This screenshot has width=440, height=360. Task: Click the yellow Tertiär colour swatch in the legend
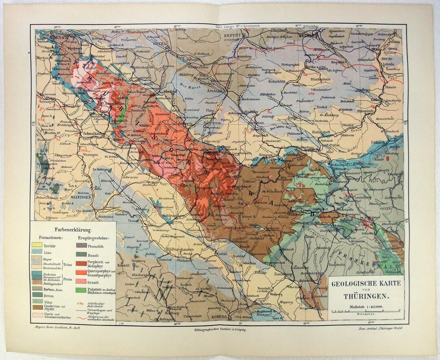pyautogui.click(x=37, y=244)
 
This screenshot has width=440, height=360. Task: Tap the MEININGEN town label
pyautogui.click(x=80, y=197)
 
